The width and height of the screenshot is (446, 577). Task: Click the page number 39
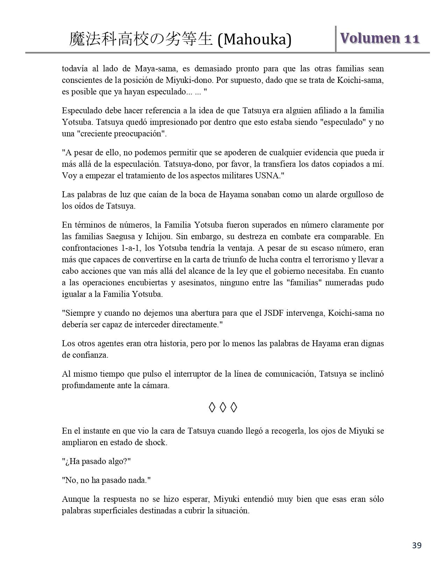(417, 545)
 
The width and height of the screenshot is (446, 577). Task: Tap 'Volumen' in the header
(370, 38)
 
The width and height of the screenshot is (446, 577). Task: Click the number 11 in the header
(412, 38)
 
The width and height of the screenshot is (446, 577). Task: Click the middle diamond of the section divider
(223, 407)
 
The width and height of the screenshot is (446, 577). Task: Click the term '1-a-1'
(126, 248)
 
